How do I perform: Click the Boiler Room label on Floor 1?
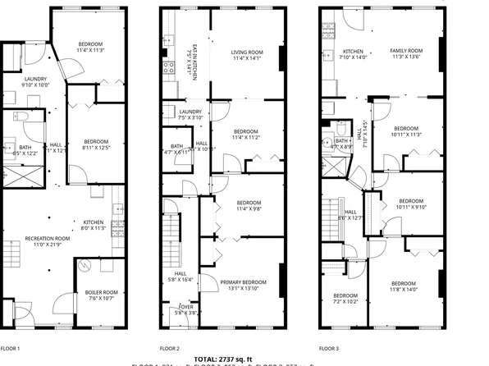pyautogui.click(x=102, y=295)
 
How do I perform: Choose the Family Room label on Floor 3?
pyautogui.click(x=406, y=54)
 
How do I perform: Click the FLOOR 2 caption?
pyautogui.click(x=169, y=348)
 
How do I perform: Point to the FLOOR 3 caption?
pyautogui.click(x=329, y=348)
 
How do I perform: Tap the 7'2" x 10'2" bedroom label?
pyautogui.click(x=345, y=299)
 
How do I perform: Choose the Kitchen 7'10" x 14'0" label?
pyautogui.click(x=354, y=54)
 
